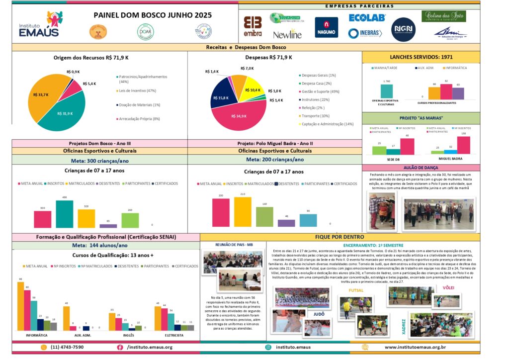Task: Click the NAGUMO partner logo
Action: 326,27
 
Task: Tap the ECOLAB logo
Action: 367,18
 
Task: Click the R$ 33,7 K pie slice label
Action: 41,94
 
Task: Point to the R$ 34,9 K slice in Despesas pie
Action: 239,116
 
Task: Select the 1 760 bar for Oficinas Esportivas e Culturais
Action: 386,91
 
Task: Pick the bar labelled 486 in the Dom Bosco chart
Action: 65,214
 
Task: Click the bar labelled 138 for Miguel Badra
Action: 463,145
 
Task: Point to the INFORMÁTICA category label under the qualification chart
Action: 36,336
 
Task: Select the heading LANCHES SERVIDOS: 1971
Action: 421,57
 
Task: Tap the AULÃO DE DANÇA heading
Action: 421,168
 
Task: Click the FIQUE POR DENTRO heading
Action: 339,237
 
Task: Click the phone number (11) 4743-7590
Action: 67,347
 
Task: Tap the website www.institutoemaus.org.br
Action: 415,347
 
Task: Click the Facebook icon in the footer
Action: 120,347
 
